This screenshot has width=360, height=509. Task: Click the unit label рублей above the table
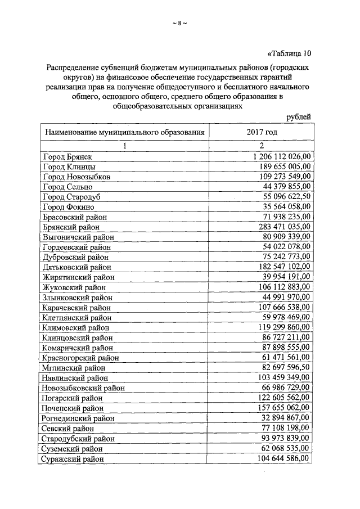pyautogui.click(x=298, y=116)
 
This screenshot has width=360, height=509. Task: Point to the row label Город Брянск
pyautogui.click(x=67, y=156)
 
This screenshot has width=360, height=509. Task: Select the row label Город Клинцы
pyautogui.click(x=69, y=167)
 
